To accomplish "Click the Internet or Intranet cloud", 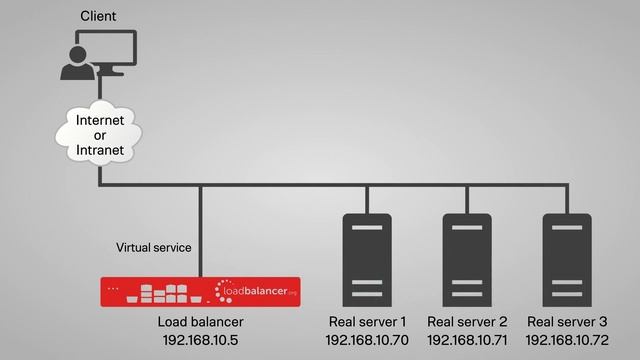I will (100, 136).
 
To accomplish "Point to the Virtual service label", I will (153, 246).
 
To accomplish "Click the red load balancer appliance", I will (200, 292).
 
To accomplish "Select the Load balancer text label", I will (200, 322).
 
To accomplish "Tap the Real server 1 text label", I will (367, 322).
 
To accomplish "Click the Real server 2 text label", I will (467, 322).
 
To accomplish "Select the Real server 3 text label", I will (567, 322).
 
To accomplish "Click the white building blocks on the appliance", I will (163, 292).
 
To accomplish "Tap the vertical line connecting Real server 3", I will (567, 199).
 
